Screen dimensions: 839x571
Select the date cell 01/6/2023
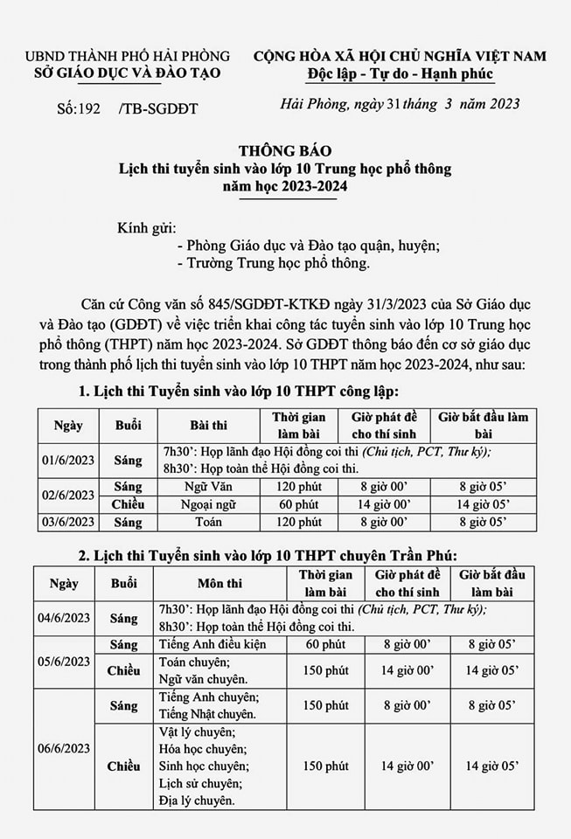click(x=66, y=460)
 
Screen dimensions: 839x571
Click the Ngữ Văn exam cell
click(x=209, y=487)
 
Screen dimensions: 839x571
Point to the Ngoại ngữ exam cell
click(x=209, y=504)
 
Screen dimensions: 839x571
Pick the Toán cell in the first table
click(x=209, y=523)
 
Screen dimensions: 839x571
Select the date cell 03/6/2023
click(x=66, y=523)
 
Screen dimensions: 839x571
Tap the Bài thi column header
click(x=209, y=426)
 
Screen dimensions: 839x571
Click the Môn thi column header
click(x=221, y=584)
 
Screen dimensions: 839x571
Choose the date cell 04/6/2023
click(x=64, y=618)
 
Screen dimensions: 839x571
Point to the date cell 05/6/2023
click(x=64, y=662)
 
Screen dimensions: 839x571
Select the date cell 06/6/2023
click(x=64, y=748)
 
